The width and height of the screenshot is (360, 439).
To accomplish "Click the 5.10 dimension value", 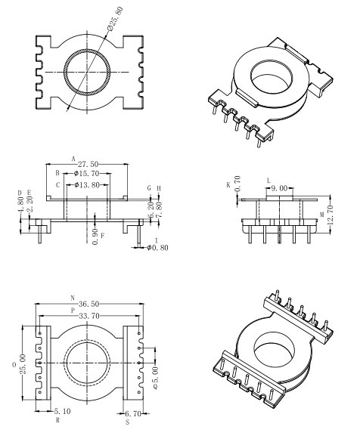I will (x=63, y=412).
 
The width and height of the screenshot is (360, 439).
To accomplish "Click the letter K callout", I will (x=228, y=184).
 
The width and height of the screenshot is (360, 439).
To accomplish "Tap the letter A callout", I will (x=73, y=159).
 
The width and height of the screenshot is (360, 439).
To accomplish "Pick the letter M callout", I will (x=321, y=215).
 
